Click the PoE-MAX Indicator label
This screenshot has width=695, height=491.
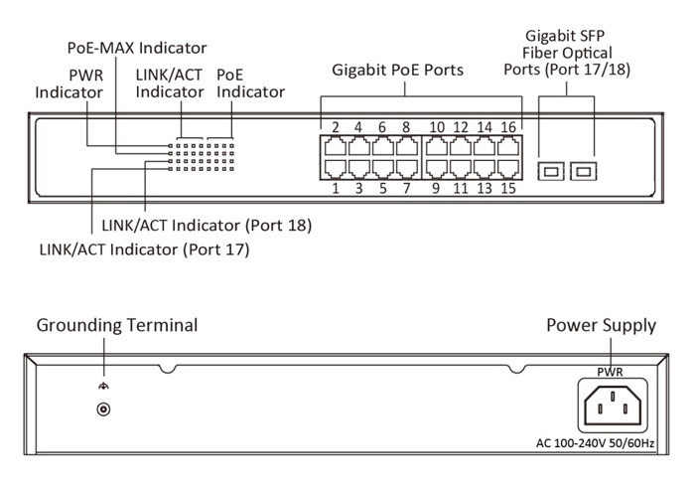tap(136, 48)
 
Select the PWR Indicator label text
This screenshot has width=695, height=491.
tap(69, 83)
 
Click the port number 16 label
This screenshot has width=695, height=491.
tap(508, 127)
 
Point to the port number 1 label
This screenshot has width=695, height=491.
tap(336, 188)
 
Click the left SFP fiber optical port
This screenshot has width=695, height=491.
tap(549, 172)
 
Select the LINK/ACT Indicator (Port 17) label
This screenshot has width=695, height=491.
tap(144, 249)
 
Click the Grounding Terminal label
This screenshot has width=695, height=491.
tap(117, 325)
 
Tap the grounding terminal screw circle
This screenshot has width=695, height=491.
tap(100, 409)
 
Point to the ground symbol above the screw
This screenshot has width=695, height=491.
tap(100, 388)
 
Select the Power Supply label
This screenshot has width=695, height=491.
tap(602, 325)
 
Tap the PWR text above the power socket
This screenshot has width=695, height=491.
tap(610, 372)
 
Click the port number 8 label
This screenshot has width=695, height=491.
tap(405, 127)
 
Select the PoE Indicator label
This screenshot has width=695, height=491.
tap(250, 83)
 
